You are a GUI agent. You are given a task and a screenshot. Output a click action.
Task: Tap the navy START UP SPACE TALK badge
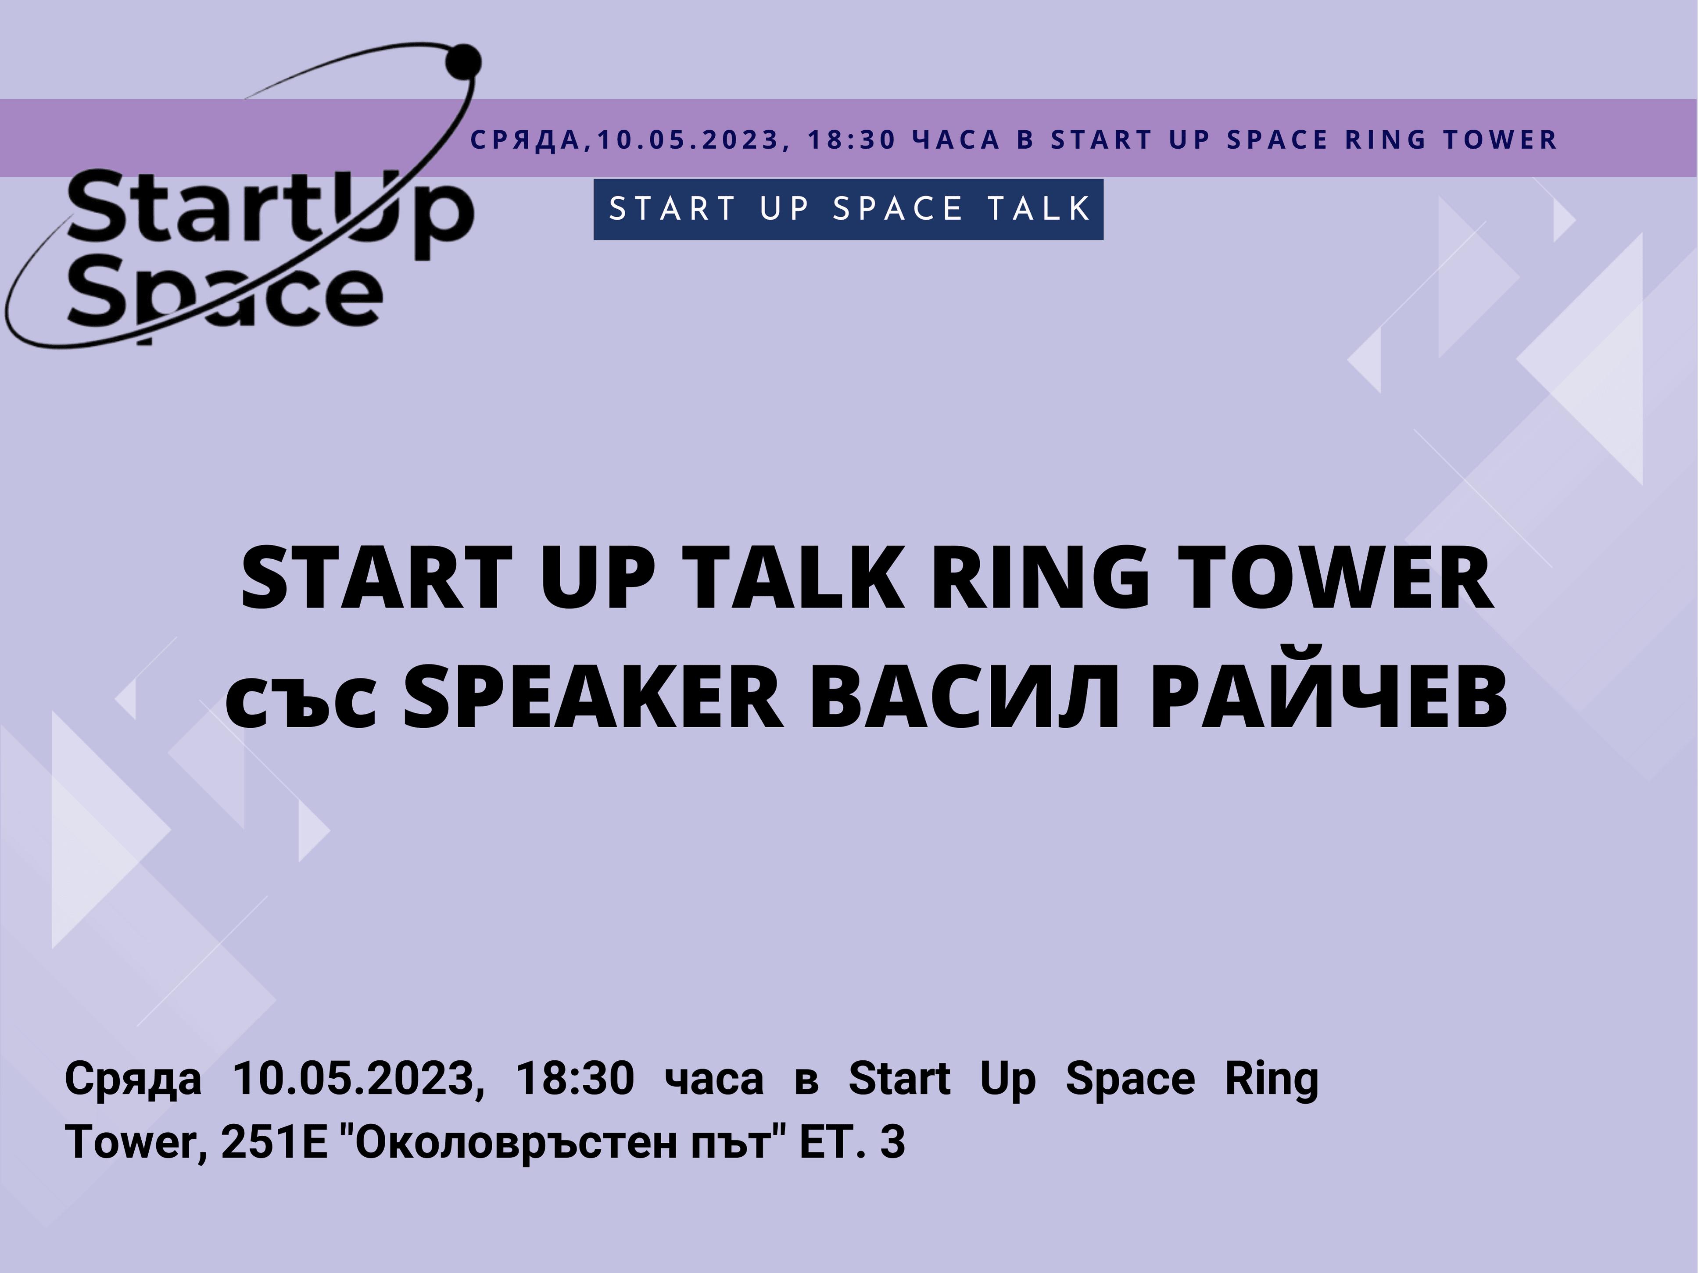click(x=848, y=210)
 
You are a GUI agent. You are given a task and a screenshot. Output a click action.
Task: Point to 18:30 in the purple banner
click(x=852, y=139)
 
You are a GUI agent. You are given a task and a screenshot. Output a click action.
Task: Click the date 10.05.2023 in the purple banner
click(x=689, y=139)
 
